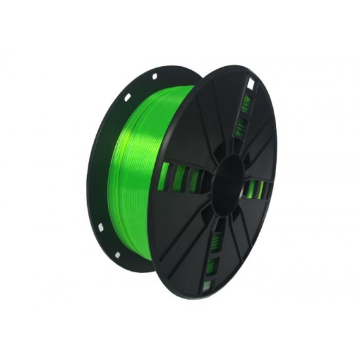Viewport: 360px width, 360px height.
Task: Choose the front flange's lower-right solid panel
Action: pos(259,229)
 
